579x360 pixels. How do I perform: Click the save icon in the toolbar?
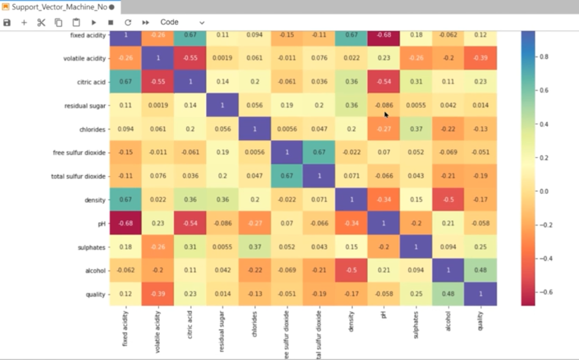pyautogui.click(x=7, y=23)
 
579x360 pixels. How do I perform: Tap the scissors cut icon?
pyautogui.click(x=42, y=23)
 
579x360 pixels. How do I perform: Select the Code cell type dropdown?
pyautogui.click(x=182, y=23)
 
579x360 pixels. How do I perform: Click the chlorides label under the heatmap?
pyautogui.click(x=255, y=325)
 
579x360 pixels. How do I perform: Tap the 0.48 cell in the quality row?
pyautogui.click(x=448, y=294)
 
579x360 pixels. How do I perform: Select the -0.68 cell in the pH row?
pyautogui.click(x=125, y=223)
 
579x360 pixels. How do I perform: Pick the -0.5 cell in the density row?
pyautogui.click(x=448, y=200)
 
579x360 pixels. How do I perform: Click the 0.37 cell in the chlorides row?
pyautogui.click(x=416, y=129)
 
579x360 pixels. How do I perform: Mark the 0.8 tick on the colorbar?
pyautogui.click(x=543, y=57)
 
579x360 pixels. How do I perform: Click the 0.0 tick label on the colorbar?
pyautogui.click(x=543, y=191)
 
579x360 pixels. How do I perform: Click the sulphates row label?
pyautogui.click(x=92, y=247)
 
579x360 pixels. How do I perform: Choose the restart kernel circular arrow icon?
pyautogui.click(x=128, y=23)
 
